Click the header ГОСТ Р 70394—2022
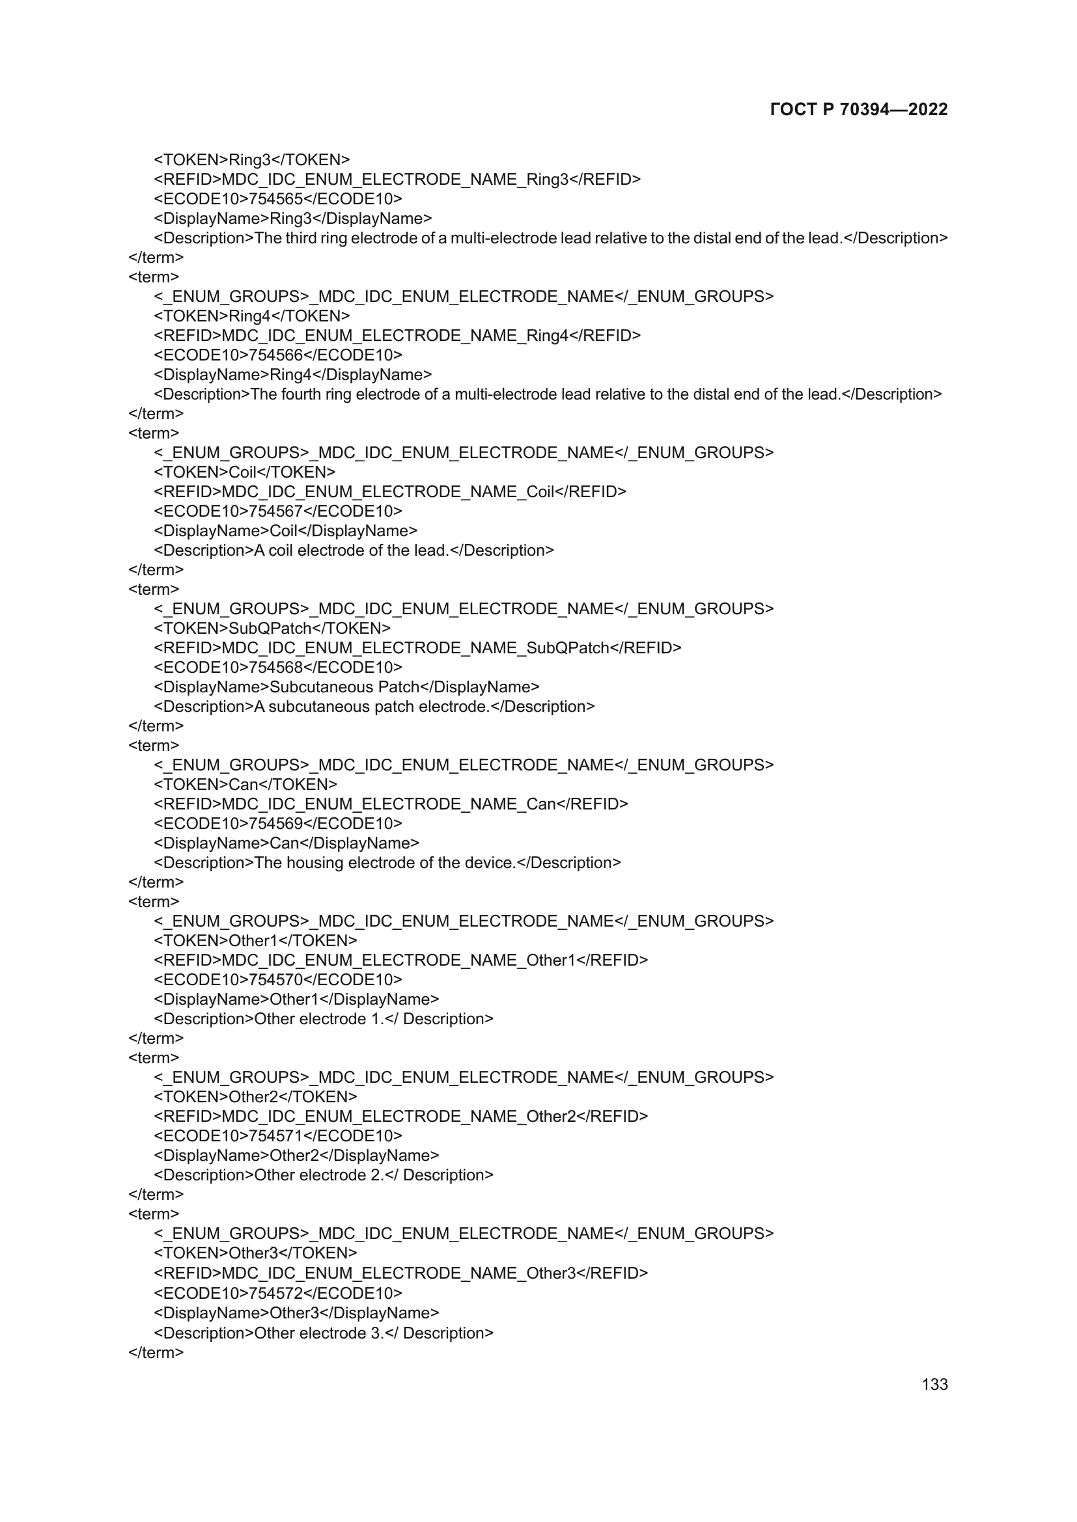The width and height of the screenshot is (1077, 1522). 859,109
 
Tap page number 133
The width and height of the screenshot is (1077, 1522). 934,1384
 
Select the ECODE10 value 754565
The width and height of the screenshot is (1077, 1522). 275,199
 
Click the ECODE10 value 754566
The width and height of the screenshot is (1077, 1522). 275,355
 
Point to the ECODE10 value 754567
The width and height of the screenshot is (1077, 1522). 275,511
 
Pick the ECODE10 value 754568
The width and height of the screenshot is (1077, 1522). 275,668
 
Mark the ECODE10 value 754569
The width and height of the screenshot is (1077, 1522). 275,823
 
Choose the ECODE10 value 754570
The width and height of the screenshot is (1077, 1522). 275,980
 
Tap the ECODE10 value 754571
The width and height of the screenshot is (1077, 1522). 275,1136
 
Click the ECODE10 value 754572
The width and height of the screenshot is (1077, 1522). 275,1294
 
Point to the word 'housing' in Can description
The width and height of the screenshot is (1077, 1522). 315,863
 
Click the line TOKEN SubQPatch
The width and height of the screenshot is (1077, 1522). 272,629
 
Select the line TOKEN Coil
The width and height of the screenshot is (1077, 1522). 244,472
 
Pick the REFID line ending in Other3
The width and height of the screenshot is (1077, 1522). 400,1273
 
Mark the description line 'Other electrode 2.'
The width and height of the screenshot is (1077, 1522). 324,1175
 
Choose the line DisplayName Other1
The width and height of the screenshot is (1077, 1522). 296,999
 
